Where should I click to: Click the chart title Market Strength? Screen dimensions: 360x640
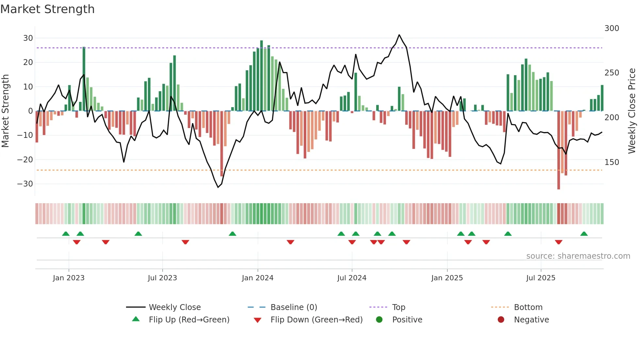pyautogui.click(x=47, y=9)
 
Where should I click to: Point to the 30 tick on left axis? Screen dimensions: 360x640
pyautogui.click(x=28, y=38)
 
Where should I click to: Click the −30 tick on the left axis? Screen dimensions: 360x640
pyautogui.click(x=25, y=184)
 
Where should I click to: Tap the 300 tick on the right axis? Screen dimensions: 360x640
pyautogui.click(x=612, y=28)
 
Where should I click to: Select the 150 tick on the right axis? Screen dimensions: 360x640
pyautogui.click(x=612, y=162)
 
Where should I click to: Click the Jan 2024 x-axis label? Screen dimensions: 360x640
pyautogui.click(x=257, y=278)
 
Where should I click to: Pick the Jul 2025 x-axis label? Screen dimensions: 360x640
pyautogui.click(x=540, y=278)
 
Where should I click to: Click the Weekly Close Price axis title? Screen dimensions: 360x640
pyautogui.click(x=632, y=111)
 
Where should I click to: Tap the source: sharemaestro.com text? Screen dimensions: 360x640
pyautogui.click(x=578, y=256)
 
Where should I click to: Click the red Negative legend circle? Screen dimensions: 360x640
pyautogui.click(x=501, y=320)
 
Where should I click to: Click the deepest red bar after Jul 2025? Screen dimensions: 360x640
pyautogui.click(x=559, y=150)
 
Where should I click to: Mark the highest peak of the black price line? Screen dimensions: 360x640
pyautogui.click(x=399, y=35)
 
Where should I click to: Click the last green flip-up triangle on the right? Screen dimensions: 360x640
pyautogui.click(x=584, y=234)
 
